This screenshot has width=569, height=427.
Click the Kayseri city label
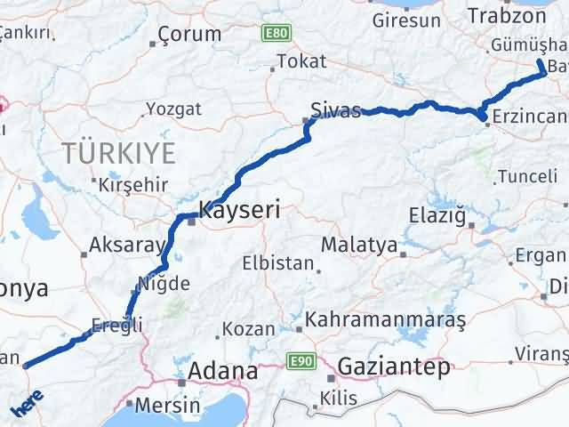click(x=239, y=211)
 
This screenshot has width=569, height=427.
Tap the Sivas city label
click(x=335, y=111)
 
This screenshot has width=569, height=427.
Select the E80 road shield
click(x=276, y=33)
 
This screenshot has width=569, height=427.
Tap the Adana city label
click(x=221, y=370)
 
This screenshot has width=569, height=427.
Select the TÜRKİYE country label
click(x=119, y=153)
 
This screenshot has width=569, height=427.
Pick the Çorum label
click(x=188, y=35)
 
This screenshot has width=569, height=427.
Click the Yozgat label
click(x=167, y=110)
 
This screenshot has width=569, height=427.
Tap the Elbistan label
click(x=278, y=264)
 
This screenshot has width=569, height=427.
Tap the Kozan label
click(x=248, y=328)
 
